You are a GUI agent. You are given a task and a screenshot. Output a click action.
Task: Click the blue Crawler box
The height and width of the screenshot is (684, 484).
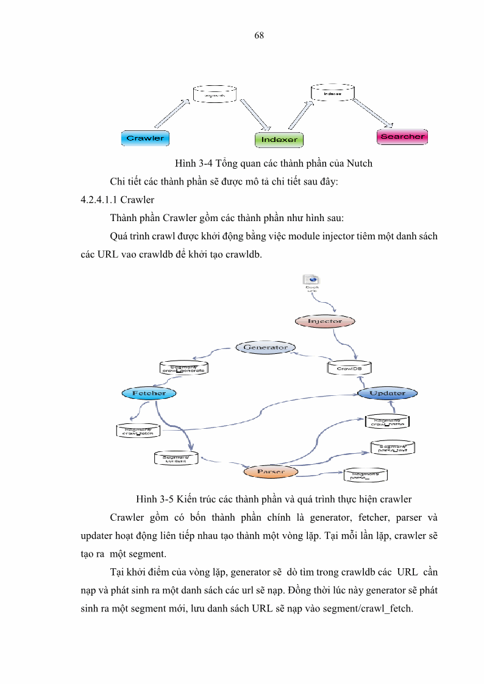[x=145, y=138]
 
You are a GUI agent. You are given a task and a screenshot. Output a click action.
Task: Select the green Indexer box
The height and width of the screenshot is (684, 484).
[x=279, y=139]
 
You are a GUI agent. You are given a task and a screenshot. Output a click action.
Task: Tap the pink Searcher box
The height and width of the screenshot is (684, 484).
[x=402, y=136]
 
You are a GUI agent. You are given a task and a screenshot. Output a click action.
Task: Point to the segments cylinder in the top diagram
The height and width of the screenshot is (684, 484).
[x=214, y=94]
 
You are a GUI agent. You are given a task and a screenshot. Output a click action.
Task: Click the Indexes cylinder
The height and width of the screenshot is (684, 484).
[x=332, y=93]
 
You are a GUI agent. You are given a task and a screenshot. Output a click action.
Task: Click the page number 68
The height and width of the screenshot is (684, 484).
[x=258, y=35]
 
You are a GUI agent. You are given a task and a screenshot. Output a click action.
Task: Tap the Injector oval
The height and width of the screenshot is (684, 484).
[x=325, y=321]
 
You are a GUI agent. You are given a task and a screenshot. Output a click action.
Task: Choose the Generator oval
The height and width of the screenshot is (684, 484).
[x=265, y=348]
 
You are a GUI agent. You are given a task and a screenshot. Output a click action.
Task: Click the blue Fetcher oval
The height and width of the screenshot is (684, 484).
[x=149, y=393]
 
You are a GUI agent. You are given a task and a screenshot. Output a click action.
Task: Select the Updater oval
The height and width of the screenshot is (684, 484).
[x=387, y=393]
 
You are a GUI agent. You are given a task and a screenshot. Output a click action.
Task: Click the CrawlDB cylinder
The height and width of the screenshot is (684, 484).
[x=349, y=368]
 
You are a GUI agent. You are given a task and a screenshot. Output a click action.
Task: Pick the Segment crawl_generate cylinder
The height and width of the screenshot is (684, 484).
[x=185, y=368]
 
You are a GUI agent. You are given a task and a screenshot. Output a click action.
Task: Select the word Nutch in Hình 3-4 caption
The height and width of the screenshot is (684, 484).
[x=359, y=163]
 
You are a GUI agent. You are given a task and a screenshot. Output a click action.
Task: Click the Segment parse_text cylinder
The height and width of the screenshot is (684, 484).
[x=393, y=448]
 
